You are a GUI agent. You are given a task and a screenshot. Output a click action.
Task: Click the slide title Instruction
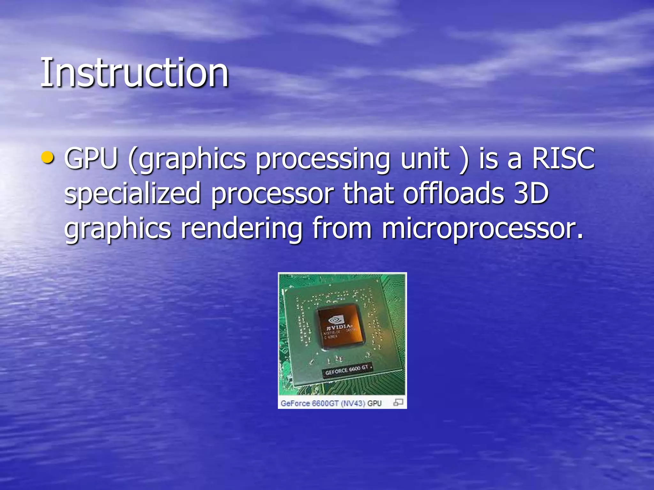click(134, 73)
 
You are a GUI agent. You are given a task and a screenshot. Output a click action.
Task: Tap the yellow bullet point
click(48, 158)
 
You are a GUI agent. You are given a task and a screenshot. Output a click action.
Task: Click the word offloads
click(453, 194)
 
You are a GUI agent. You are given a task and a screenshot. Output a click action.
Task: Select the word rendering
click(241, 229)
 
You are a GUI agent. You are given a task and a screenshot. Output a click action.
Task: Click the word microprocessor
click(482, 229)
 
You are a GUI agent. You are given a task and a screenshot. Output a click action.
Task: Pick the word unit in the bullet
click(425, 159)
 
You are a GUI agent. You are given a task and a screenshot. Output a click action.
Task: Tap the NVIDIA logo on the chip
click(337, 320)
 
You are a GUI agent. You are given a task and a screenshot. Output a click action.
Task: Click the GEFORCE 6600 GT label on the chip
click(346, 370)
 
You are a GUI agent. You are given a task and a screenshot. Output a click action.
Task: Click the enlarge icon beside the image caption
click(398, 402)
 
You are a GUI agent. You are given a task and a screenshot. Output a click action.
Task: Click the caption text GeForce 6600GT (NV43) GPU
click(331, 403)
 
